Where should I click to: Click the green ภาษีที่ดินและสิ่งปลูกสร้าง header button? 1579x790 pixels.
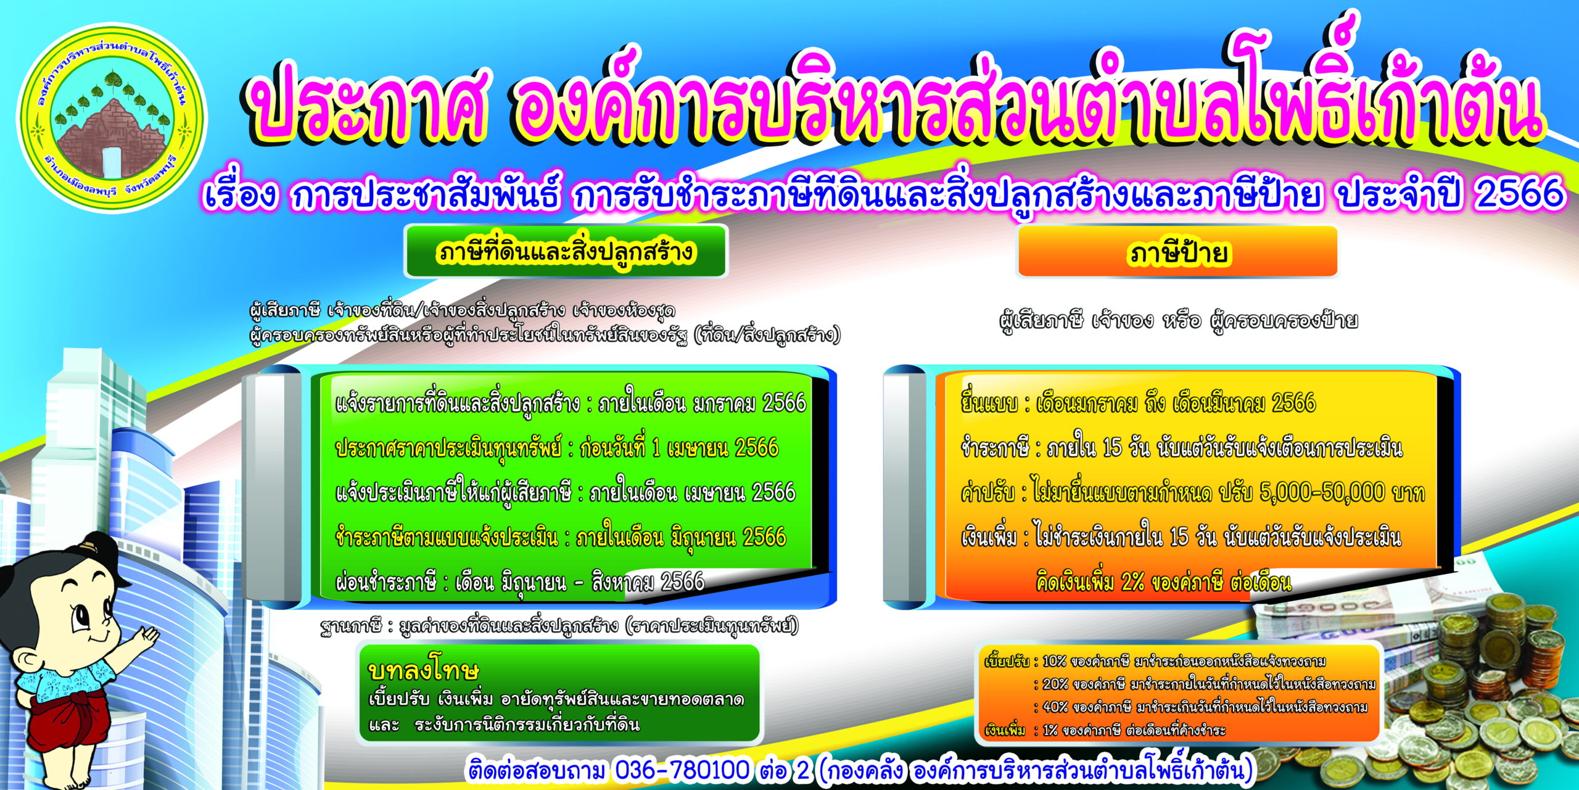566,251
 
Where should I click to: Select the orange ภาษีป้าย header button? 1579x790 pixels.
1177,252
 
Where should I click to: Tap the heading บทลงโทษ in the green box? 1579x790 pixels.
423,670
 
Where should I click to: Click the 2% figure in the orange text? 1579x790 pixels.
1132,582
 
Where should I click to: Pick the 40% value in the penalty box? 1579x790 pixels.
1055,707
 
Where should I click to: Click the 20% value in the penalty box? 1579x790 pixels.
1055,684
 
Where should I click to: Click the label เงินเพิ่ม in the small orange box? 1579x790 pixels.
1005,731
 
